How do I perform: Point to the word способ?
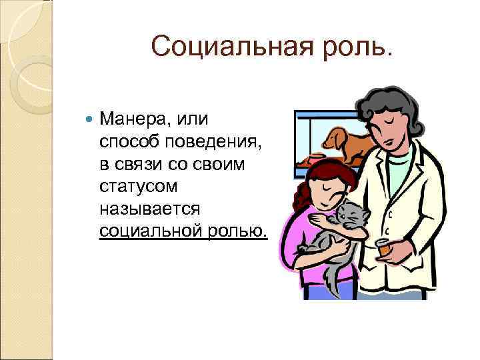(130, 142)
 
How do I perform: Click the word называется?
(149, 209)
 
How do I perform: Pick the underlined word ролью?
(236, 231)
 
